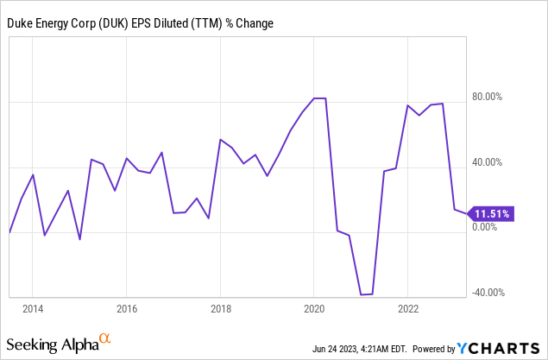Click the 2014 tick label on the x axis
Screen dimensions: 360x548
tap(33, 308)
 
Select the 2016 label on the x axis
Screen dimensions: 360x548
tap(127, 308)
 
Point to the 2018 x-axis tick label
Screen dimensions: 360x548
tap(220, 308)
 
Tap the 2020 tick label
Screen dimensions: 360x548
tap(314, 308)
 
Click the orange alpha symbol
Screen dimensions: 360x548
tap(104, 339)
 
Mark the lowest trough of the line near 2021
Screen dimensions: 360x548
tap(367, 294)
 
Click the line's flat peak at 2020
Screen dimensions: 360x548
tap(319, 98)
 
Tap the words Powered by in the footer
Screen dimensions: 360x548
tap(433, 349)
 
